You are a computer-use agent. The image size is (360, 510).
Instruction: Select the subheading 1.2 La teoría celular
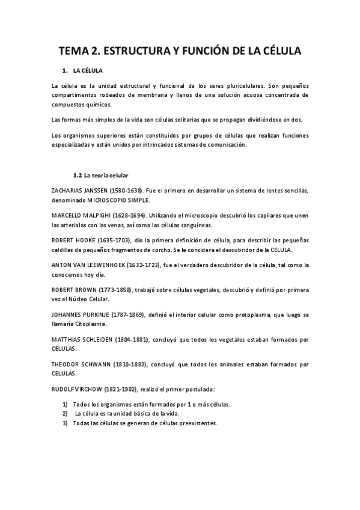coord(100,176)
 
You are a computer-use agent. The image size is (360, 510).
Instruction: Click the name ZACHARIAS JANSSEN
coord(80,191)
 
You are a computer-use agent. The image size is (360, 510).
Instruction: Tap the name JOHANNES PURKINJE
coord(81,314)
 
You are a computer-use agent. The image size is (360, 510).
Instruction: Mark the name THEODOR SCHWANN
coord(79,364)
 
